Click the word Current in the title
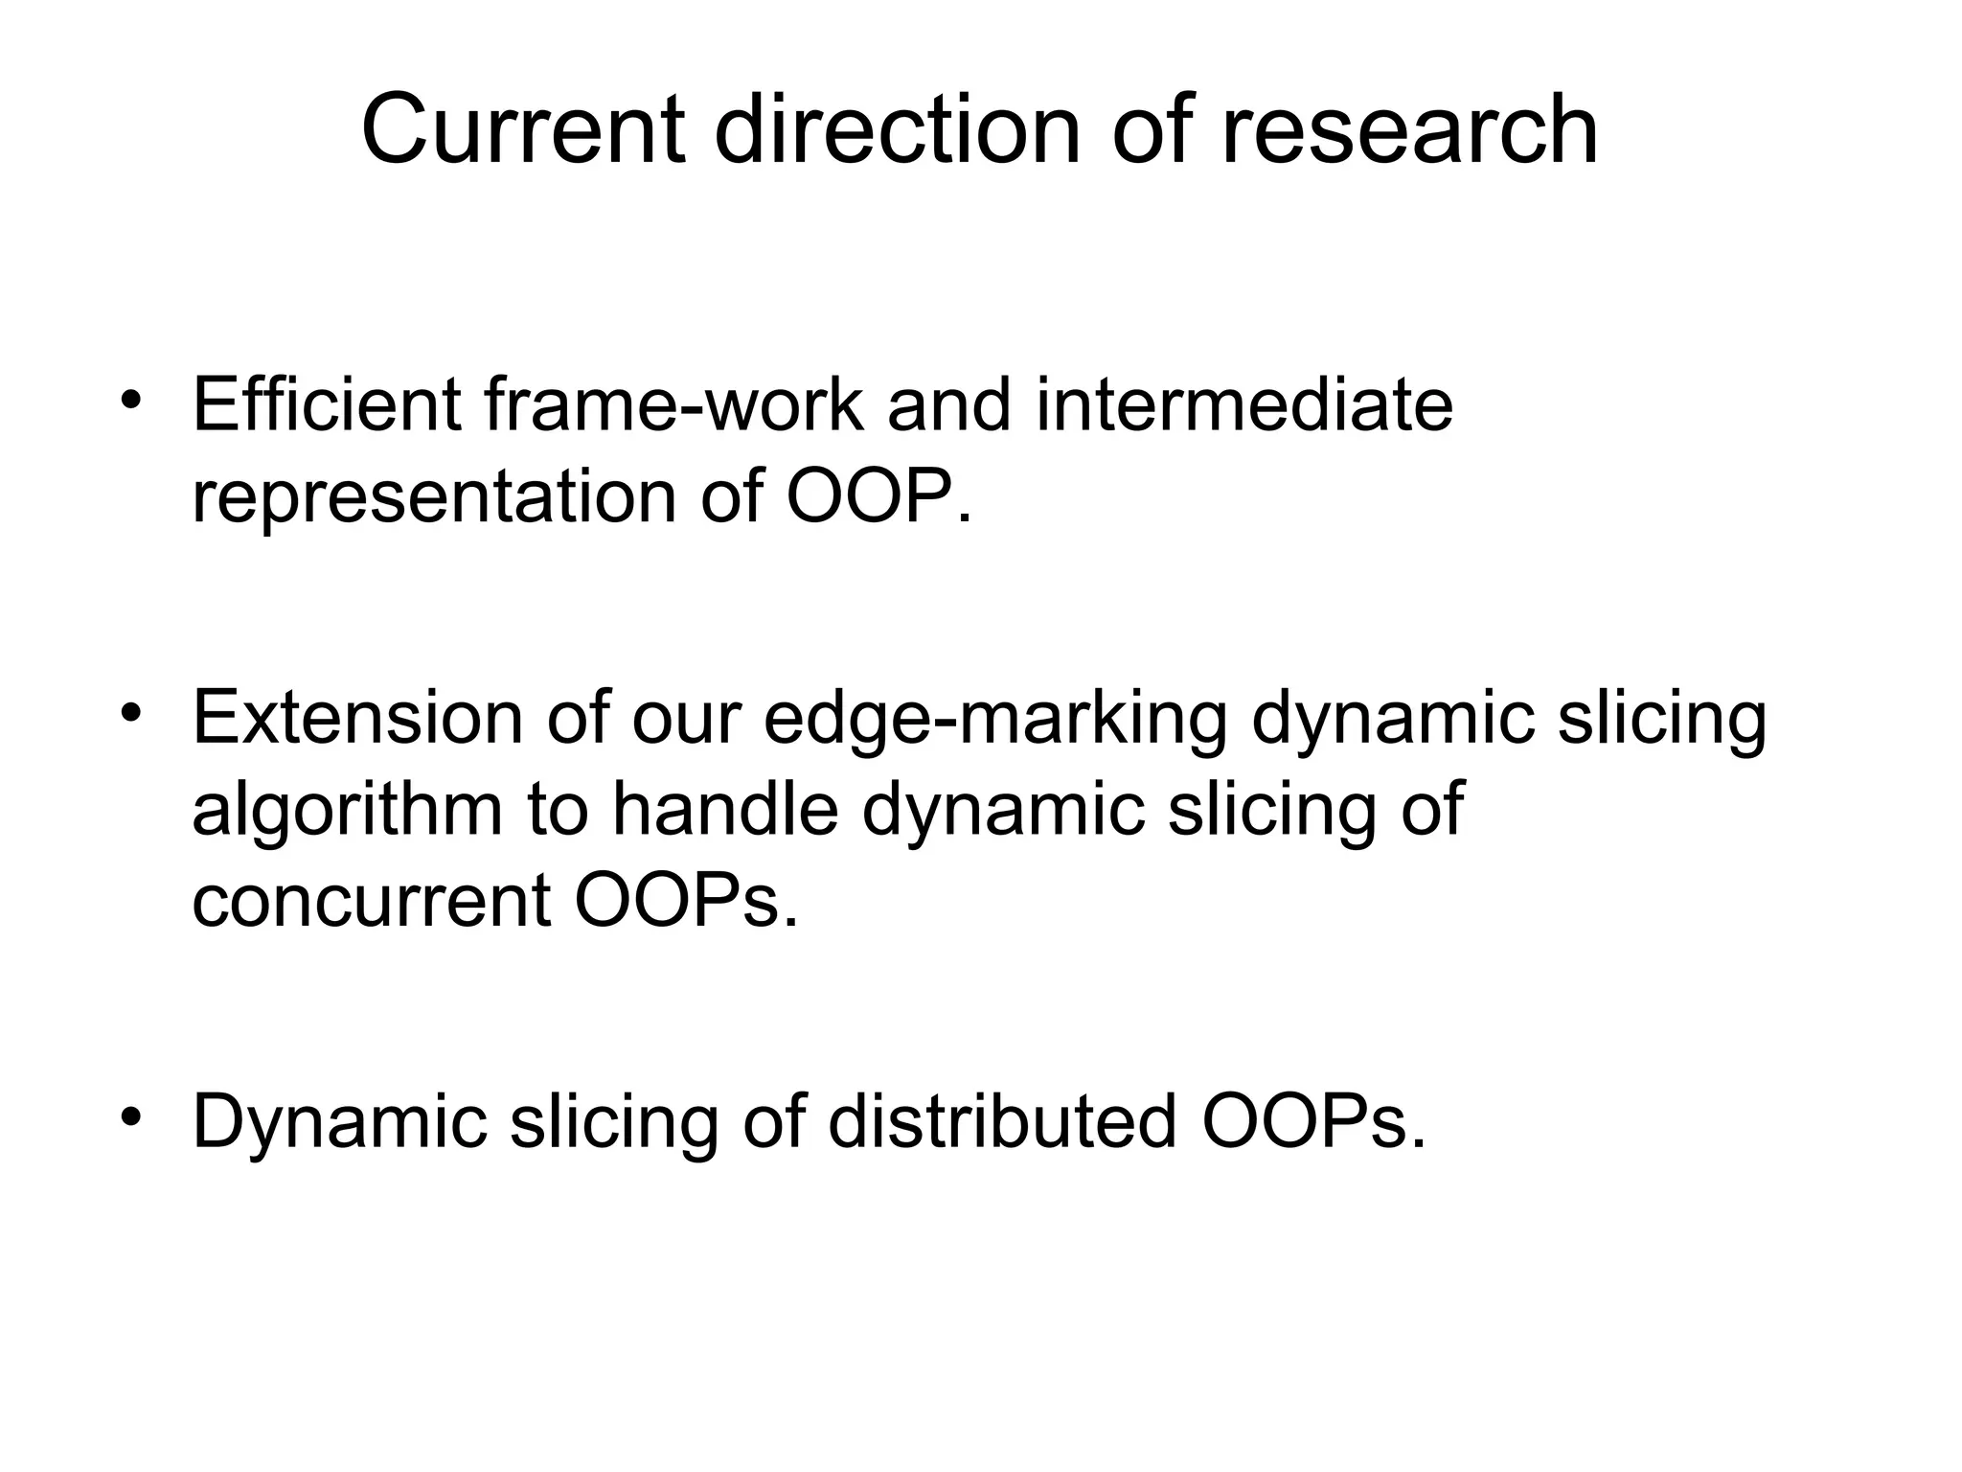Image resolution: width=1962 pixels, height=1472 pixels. coord(523,130)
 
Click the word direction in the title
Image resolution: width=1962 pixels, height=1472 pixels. coord(897,130)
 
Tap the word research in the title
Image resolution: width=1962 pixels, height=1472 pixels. coord(1409,130)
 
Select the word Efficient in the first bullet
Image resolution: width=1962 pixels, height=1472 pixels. coord(327,405)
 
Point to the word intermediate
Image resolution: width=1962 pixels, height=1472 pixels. coord(1244,405)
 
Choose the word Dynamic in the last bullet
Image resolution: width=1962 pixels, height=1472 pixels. coord(340,1121)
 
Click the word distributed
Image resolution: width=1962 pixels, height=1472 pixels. coord(1002,1121)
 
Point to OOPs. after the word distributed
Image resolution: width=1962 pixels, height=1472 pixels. coord(1313,1121)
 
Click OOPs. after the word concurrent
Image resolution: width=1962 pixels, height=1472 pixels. coord(685,901)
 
